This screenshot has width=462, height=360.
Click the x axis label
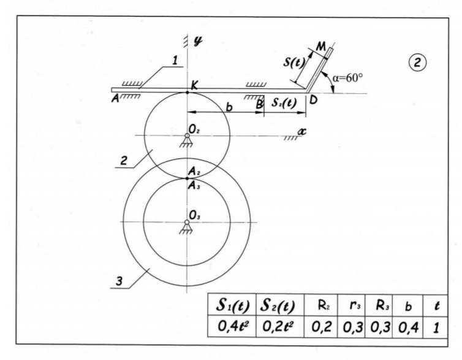[300, 131]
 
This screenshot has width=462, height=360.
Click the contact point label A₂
[195, 171]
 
